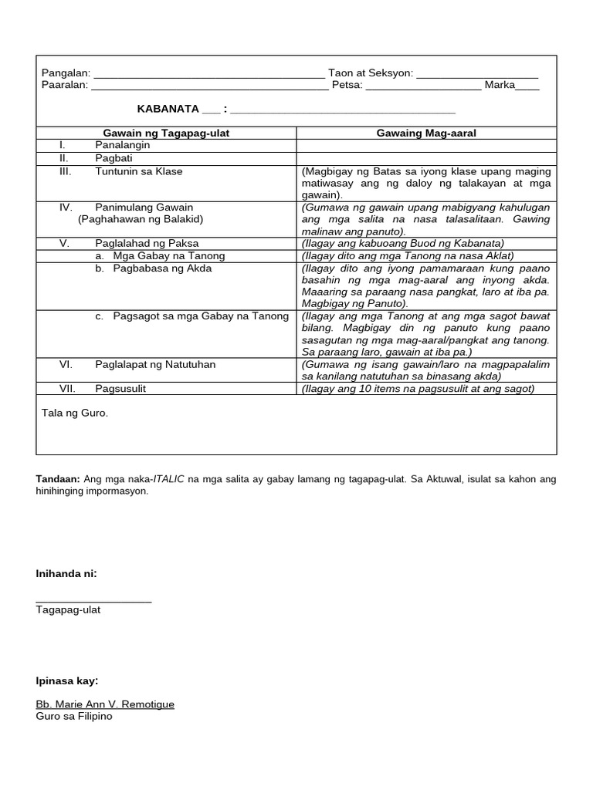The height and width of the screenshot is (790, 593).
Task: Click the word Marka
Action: [x=500, y=85]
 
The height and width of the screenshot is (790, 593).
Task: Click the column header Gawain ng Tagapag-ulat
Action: [x=166, y=133]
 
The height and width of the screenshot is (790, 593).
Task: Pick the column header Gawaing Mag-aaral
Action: [x=426, y=133]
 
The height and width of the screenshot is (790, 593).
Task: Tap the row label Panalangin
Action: [x=123, y=145]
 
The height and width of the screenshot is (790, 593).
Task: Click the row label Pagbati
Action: [x=114, y=158]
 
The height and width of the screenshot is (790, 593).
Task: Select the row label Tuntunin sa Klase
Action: [x=139, y=171]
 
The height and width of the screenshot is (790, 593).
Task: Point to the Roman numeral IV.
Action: [x=66, y=208]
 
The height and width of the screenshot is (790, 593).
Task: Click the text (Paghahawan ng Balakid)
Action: [x=141, y=219]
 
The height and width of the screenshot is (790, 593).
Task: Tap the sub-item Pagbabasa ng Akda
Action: [x=162, y=268]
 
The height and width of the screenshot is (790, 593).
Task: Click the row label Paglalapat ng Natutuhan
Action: [x=155, y=364]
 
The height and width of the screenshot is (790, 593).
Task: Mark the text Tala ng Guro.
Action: [x=75, y=414]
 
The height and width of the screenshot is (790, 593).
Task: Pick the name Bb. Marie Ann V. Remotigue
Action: [x=105, y=704]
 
